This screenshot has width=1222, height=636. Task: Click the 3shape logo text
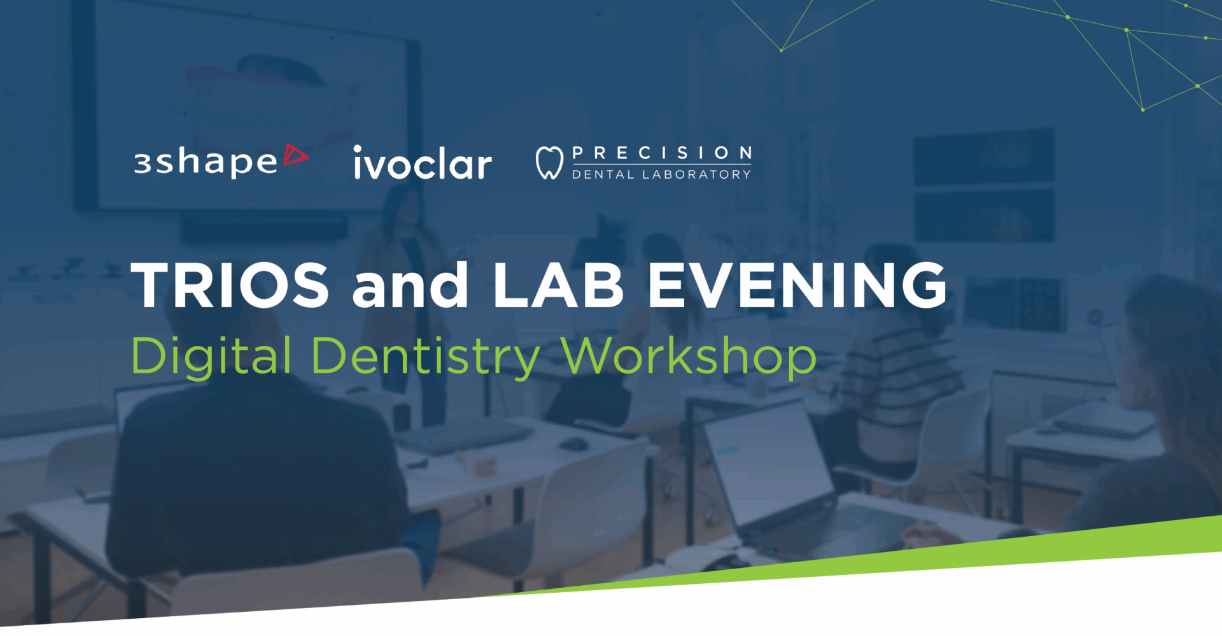click(206, 162)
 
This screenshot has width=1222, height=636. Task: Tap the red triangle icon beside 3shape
click(295, 155)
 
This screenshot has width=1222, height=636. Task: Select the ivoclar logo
click(423, 162)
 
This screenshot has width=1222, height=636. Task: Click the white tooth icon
click(549, 163)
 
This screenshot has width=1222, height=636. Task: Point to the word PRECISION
click(662, 153)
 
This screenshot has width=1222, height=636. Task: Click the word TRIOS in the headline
click(230, 285)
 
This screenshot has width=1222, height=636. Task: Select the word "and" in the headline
click(411, 285)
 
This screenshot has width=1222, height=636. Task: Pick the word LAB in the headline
click(558, 285)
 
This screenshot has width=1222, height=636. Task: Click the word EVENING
click(797, 285)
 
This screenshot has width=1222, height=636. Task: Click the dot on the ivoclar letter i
click(358, 149)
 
